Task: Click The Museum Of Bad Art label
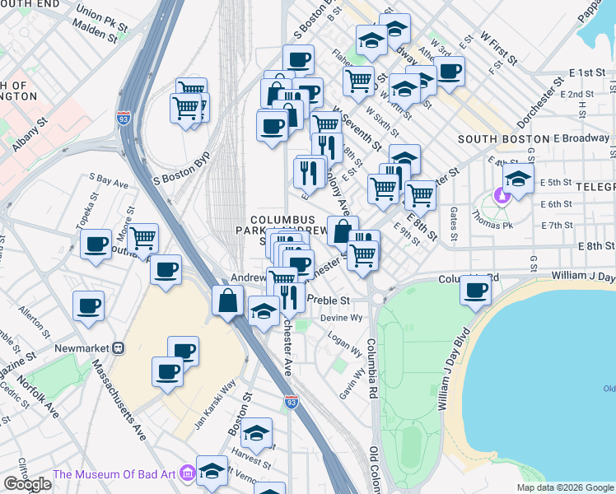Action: point(114,473)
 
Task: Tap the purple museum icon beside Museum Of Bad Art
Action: point(186,473)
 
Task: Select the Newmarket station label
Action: point(82,348)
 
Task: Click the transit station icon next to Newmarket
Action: point(119,348)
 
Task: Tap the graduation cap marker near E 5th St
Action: point(518,179)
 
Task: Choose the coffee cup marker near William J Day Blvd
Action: point(476,290)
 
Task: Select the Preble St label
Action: point(329,301)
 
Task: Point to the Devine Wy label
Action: point(341,317)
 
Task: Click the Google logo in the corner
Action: point(27,484)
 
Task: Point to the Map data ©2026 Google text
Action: point(563,487)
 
